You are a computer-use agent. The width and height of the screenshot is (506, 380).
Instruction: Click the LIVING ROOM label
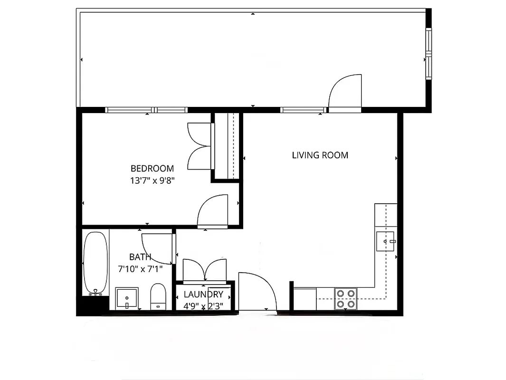[x=320, y=155]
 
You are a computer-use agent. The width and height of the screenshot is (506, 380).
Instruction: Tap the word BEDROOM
[x=152, y=168]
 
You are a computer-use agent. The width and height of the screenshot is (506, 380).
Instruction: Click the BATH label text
[x=140, y=257]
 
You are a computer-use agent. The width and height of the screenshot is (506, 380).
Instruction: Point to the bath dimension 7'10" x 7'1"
[x=140, y=269]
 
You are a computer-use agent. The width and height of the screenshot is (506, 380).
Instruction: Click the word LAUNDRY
[x=203, y=294]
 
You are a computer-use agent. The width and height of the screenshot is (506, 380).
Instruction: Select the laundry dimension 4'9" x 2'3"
[x=203, y=306]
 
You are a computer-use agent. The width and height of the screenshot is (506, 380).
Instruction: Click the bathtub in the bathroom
[x=95, y=263]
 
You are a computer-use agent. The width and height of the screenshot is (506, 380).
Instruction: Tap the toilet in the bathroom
[x=158, y=296]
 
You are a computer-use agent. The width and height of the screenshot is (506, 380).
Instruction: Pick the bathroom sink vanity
[x=127, y=298]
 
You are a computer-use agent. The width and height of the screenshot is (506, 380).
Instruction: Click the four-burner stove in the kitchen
[x=345, y=298]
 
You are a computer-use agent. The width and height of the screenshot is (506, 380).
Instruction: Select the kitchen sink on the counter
[x=385, y=241]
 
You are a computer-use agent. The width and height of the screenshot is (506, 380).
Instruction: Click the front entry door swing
[x=255, y=290]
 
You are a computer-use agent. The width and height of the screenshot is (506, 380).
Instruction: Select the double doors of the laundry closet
[x=204, y=270]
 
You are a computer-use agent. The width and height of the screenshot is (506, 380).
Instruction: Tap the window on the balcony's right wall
[x=428, y=54]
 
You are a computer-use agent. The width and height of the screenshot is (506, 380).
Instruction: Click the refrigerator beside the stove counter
[x=304, y=298]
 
